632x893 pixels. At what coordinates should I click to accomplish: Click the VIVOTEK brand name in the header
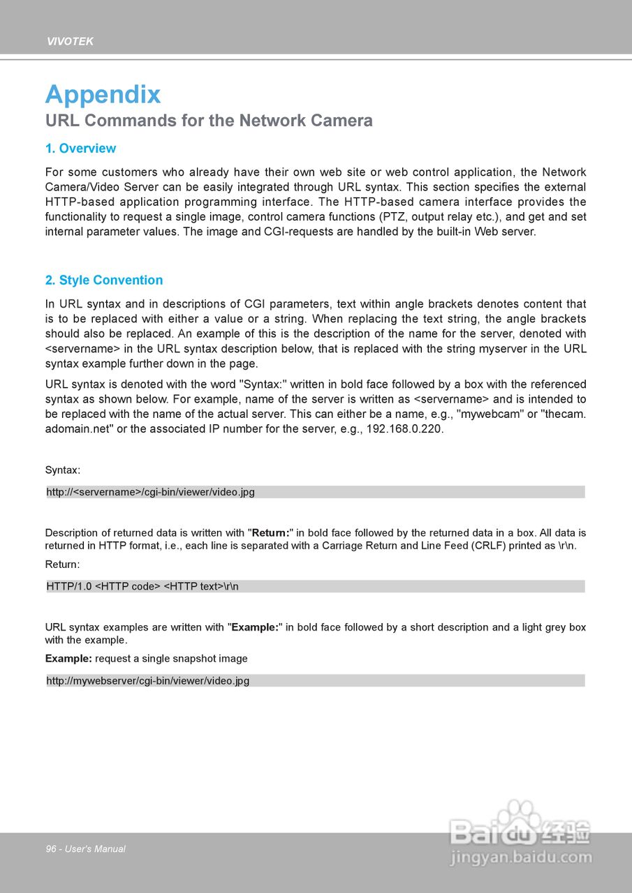coord(70,41)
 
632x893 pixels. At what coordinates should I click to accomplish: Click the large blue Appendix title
coord(103,94)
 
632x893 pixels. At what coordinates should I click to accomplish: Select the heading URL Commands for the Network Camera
coord(209,121)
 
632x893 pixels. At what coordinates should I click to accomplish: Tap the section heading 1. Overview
coord(80,149)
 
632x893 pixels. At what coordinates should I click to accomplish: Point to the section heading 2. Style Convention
coord(104,280)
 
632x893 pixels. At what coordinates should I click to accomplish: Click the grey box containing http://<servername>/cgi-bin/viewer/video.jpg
coord(315,492)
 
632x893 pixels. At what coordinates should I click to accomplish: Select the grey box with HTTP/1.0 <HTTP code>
coord(315,586)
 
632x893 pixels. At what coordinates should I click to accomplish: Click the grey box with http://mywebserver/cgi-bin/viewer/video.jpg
coord(315,680)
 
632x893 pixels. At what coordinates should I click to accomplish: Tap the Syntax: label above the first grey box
coord(63,470)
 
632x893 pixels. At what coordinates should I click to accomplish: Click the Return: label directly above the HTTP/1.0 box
coord(63,564)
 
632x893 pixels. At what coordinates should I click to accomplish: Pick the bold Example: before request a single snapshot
coord(68,659)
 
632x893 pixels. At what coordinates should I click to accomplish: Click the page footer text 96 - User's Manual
coord(86,849)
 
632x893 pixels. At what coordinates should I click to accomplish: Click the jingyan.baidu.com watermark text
coord(521,857)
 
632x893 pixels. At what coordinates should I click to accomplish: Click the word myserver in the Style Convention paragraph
coord(518,349)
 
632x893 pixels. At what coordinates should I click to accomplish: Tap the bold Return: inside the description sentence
coord(271,533)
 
